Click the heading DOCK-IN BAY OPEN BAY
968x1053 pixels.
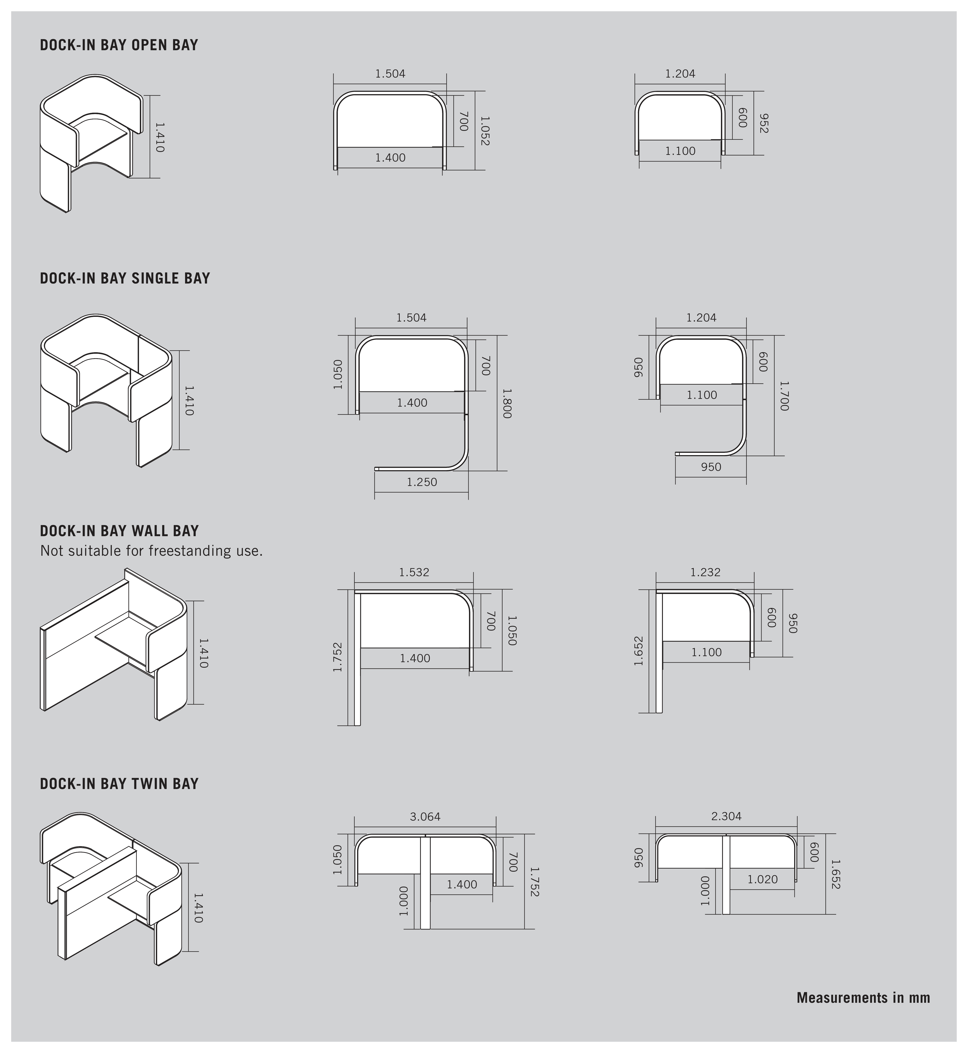119,45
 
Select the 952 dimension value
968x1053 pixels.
763,123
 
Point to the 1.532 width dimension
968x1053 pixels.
414,572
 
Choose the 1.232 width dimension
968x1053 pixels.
705,572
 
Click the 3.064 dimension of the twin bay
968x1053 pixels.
425,816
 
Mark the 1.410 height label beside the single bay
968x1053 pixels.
189,401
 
